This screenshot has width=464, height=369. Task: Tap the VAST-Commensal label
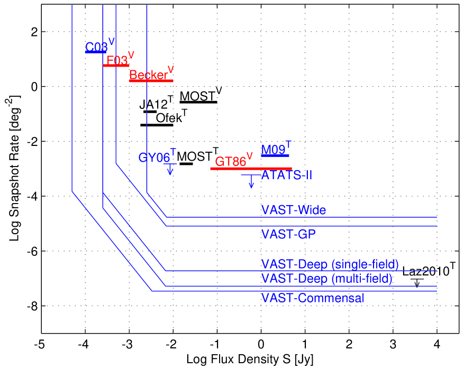coord(313,298)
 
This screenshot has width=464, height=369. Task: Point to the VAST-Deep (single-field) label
coord(330,264)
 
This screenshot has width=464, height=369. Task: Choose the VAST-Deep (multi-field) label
coord(326,278)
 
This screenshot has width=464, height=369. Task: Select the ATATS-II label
coord(287,174)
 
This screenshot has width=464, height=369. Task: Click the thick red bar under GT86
coord(251,169)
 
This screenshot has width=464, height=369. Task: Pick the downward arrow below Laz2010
coord(417,283)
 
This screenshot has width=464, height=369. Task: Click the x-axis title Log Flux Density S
coord(250,360)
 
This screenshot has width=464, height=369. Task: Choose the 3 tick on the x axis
coord(393,344)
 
